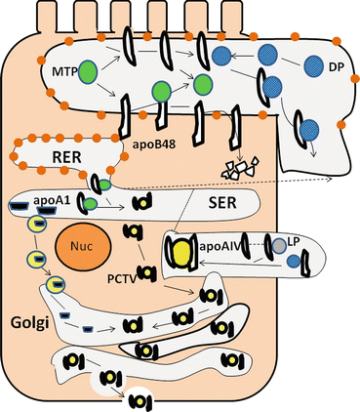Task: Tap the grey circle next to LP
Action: click(x=280, y=249)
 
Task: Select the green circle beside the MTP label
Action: click(x=89, y=72)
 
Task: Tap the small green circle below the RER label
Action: click(x=90, y=201)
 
